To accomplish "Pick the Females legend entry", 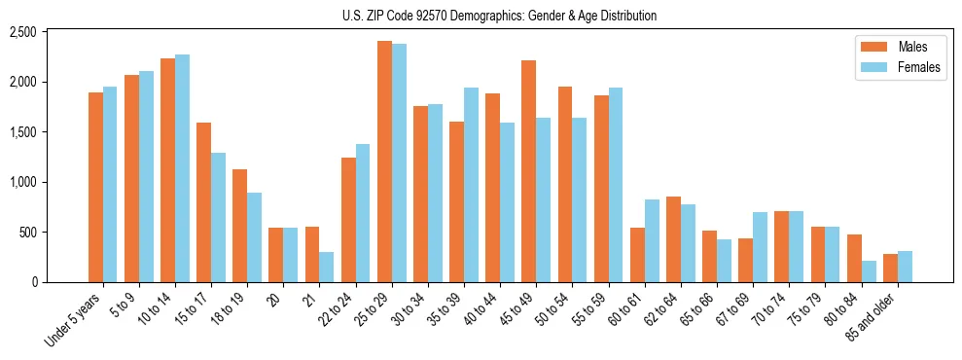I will (x=890, y=68).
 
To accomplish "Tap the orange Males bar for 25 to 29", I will (x=384, y=162).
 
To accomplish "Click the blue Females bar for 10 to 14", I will (x=182, y=168).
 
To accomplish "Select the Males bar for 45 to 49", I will (x=528, y=171).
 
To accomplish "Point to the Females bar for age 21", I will (x=326, y=268).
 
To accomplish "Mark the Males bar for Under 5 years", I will (x=95, y=187).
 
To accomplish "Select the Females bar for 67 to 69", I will (x=760, y=247).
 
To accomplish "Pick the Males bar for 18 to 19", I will (x=239, y=226).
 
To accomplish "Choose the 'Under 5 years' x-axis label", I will (x=73, y=321).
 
